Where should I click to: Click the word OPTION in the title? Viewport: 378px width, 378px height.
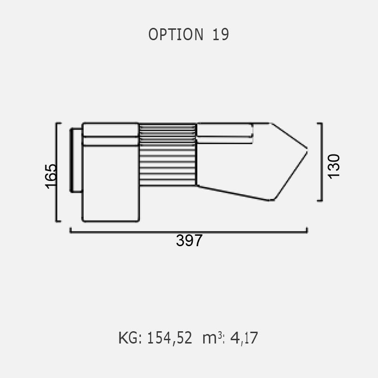(x=176, y=34)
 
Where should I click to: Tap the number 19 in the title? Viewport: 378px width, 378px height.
(x=221, y=34)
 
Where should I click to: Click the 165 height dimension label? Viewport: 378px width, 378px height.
(x=51, y=176)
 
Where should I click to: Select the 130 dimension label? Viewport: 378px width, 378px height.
(x=334, y=166)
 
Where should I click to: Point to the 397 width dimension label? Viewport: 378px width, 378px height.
(x=189, y=241)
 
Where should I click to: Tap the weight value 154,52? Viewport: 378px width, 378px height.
(x=170, y=338)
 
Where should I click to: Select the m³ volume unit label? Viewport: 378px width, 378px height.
(x=214, y=338)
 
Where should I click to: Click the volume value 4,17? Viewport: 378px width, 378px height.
(x=244, y=338)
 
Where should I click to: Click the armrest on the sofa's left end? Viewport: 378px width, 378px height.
(x=76, y=160)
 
